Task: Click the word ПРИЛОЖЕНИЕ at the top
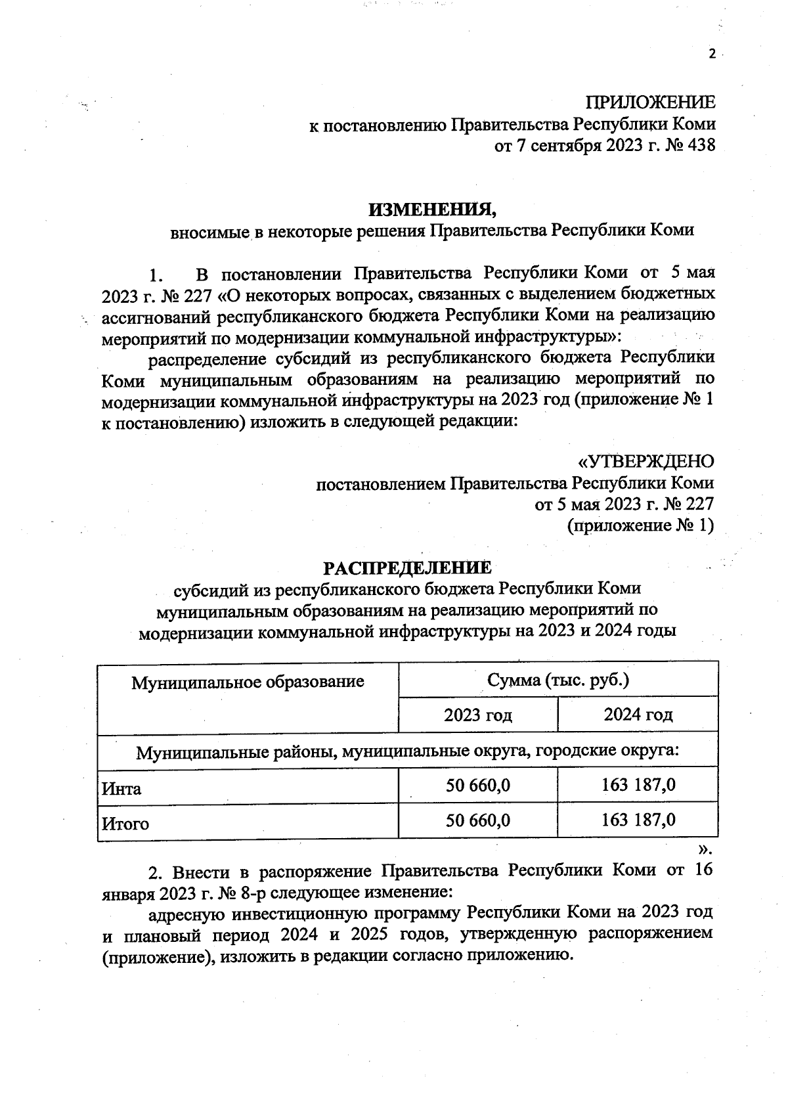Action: [650, 102]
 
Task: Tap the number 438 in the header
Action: [698, 145]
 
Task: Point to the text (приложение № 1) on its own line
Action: [640, 525]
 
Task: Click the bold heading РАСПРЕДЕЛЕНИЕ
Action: [407, 567]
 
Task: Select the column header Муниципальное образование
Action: [248, 681]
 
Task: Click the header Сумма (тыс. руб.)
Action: [558, 679]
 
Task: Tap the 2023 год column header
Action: [478, 715]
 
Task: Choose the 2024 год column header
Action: [638, 715]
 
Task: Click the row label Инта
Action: [121, 788]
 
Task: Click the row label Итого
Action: [125, 823]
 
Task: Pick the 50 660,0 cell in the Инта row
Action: [478, 785]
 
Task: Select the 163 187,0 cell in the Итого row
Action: [638, 820]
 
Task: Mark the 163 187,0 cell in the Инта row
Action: [638, 785]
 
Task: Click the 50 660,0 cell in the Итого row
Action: [478, 820]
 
